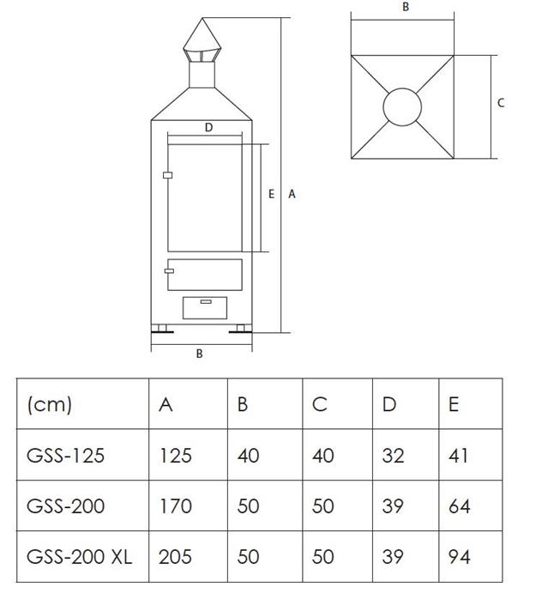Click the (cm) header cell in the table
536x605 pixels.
click(50, 404)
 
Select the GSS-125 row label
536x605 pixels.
click(66, 455)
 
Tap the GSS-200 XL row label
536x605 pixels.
click(80, 556)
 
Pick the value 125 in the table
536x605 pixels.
click(175, 455)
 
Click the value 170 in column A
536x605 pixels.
click(175, 505)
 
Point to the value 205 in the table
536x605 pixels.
click(175, 556)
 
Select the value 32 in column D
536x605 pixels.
click(393, 455)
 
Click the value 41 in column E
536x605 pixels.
click(459, 455)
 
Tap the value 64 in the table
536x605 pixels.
click(459, 505)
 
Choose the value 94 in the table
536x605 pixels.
click(459, 556)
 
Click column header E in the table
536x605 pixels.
click(453, 404)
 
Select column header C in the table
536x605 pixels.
click(320, 404)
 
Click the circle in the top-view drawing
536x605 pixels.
click(401, 108)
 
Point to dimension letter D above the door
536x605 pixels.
click(208, 128)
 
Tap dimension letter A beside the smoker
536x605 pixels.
click(292, 194)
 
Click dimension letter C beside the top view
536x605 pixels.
click(501, 103)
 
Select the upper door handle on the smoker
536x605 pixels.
click(167, 176)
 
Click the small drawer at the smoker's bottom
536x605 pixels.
click(205, 307)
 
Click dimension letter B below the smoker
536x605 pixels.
click(200, 354)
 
